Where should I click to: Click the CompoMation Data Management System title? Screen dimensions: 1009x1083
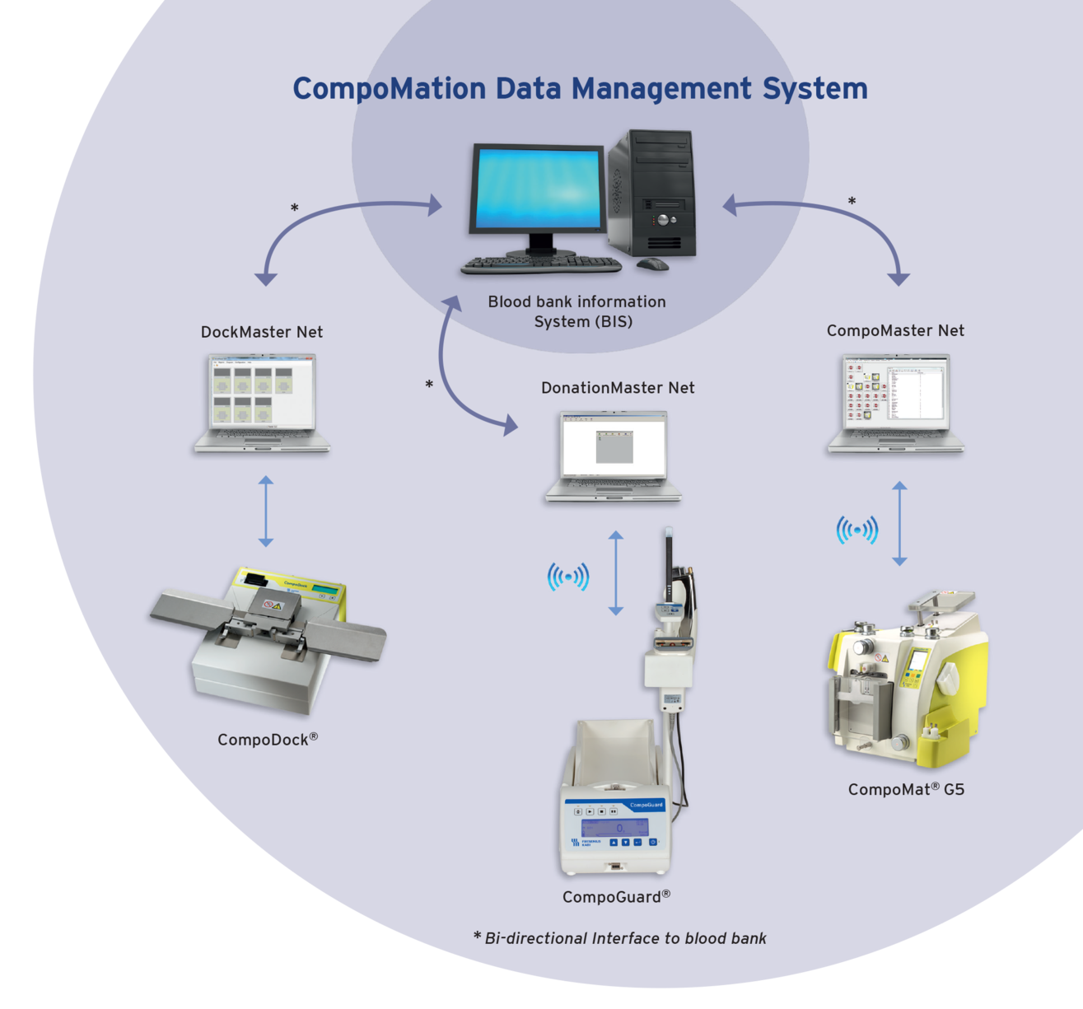[580, 89]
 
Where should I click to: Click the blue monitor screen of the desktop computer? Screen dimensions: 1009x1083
[536, 189]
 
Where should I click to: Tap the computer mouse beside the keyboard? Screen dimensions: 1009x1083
[652, 264]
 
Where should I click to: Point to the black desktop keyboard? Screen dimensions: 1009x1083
[541, 265]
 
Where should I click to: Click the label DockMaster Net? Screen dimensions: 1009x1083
[262, 332]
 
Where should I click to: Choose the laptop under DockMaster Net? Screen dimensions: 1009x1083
[263, 404]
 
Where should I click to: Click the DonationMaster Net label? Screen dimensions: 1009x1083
[618, 388]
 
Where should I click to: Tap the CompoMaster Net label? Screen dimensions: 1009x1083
[895, 330]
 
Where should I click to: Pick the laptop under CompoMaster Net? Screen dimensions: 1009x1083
[896, 403]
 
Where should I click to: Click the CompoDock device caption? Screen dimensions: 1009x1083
[267, 740]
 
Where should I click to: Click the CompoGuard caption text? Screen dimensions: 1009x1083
[616, 897]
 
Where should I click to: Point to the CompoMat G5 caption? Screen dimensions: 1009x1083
[906, 789]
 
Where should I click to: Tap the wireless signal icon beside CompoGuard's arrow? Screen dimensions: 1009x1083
[568, 577]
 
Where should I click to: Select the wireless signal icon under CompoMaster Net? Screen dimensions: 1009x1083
[857, 530]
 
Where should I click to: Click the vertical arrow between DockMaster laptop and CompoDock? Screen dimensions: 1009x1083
[265, 511]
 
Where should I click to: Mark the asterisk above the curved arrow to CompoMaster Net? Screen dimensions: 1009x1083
[852, 202]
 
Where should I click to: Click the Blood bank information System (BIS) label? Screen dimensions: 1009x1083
[577, 311]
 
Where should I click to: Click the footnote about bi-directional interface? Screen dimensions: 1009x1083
[620, 938]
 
